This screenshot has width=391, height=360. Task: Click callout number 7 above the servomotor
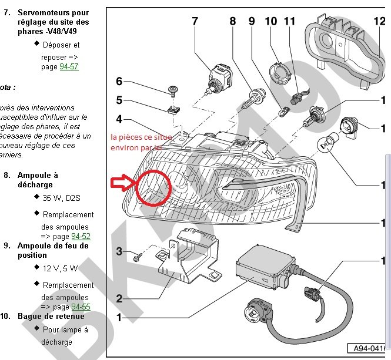(194, 22)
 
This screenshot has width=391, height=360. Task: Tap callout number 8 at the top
(233, 22)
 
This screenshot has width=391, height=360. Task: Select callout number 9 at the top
(252, 22)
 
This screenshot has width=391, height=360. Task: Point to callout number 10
(270, 22)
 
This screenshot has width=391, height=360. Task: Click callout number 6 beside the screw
(119, 81)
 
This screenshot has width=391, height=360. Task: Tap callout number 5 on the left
(119, 100)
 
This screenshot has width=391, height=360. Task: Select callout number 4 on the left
(119, 119)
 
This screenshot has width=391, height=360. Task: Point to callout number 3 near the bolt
(119, 252)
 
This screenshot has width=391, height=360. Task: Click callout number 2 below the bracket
(119, 298)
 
